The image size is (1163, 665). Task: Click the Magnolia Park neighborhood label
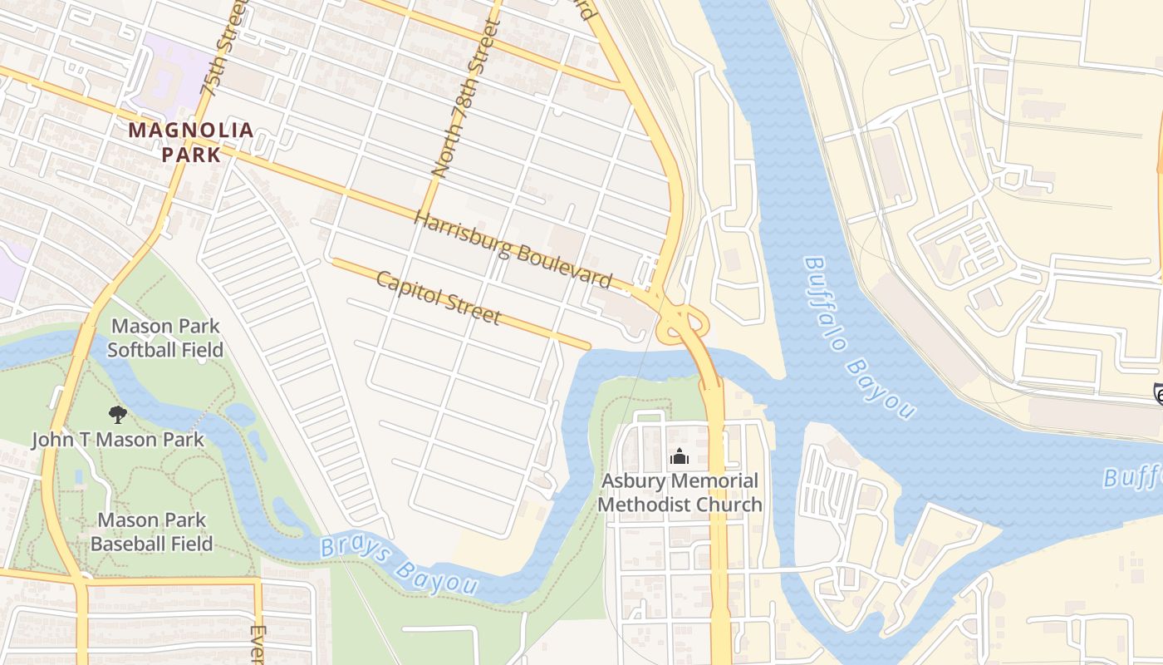click(x=190, y=142)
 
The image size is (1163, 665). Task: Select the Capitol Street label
click(x=438, y=297)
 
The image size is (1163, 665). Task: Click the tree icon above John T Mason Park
click(x=118, y=414)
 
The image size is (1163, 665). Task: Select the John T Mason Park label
click(x=118, y=440)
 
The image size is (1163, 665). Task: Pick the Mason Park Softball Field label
click(x=165, y=337)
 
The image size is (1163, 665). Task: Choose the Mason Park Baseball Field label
click(x=151, y=532)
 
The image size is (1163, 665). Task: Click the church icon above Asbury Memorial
click(x=680, y=457)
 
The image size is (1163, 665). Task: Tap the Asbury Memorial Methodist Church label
click(x=680, y=492)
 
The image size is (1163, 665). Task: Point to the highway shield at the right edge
click(x=1158, y=394)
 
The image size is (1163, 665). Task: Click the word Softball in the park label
click(x=140, y=349)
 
